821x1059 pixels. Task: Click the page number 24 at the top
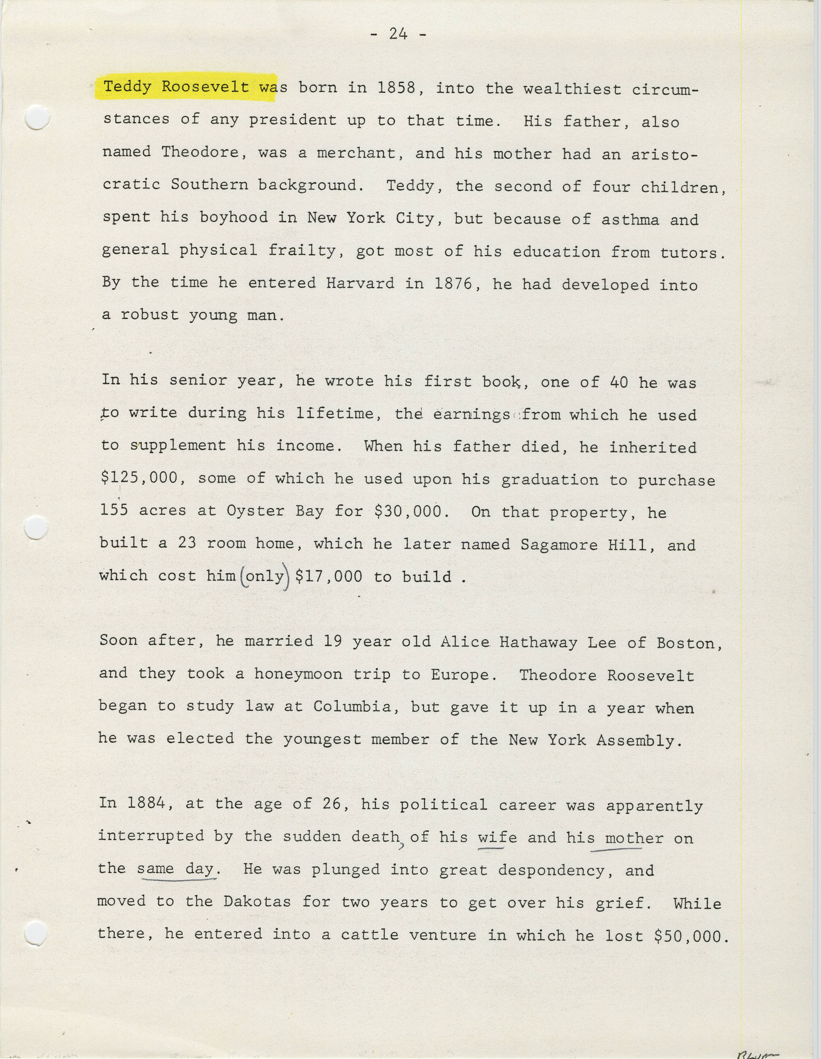[x=398, y=33]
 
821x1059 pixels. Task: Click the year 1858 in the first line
[x=396, y=88]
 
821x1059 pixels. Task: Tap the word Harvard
[x=360, y=283]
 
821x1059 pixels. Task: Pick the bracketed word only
[x=265, y=576]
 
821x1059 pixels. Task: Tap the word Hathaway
[x=538, y=643]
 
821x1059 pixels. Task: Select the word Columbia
[x=352, y=707]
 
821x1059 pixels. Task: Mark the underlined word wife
[x=497, y=837]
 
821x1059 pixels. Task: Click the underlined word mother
[x=629, y=838]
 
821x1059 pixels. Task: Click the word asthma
[x=630, y=220]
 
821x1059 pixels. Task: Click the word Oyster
[x=255, y=511]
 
